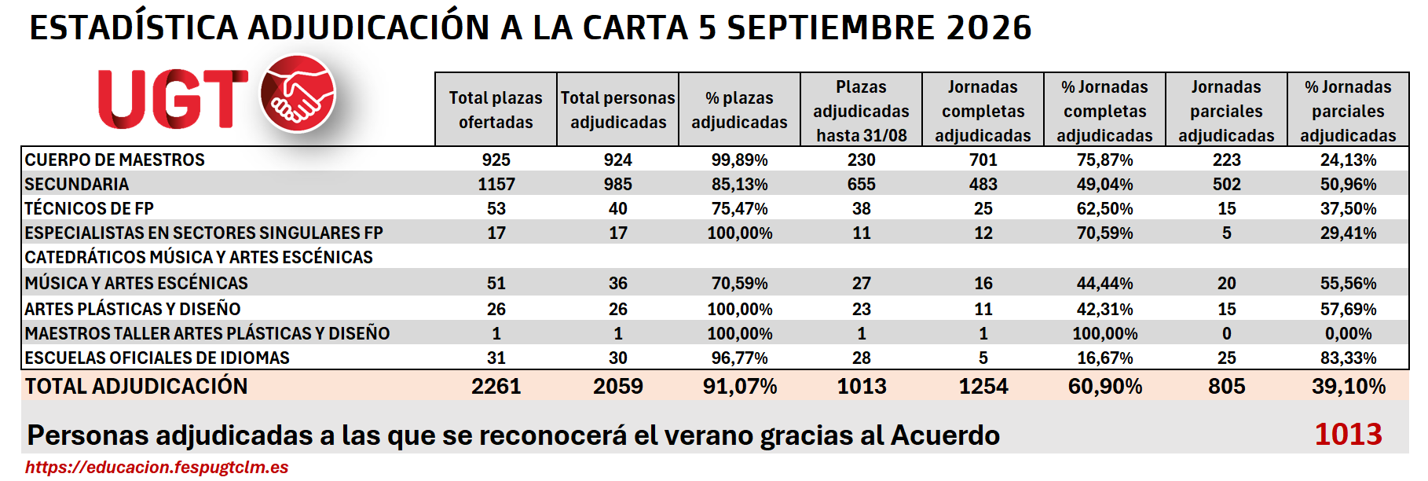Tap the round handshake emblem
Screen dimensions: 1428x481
point(298,94)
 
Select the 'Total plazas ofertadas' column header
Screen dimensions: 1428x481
point(496,110)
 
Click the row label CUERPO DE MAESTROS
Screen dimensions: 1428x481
point(115,160)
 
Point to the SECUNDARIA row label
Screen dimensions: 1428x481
point(77,184)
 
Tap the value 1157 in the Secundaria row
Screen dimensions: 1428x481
point(496,184)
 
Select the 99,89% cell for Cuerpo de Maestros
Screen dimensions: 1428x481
point(740,160)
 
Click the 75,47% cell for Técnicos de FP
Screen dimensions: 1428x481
point(740,208)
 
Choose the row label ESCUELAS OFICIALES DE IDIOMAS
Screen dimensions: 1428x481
point(157,358)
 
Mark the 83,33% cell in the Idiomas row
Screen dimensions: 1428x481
point(1349,358)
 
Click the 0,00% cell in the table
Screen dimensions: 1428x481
point(1349,333)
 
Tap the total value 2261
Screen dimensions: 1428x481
point(496,386)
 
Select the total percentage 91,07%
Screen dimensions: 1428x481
point(740,386)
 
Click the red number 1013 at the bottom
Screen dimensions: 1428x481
point(1349,434)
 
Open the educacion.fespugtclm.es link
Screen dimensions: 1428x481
point(157,467)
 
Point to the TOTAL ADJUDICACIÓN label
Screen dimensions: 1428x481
point(137,386)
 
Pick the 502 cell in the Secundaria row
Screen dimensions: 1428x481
point(1227,184)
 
